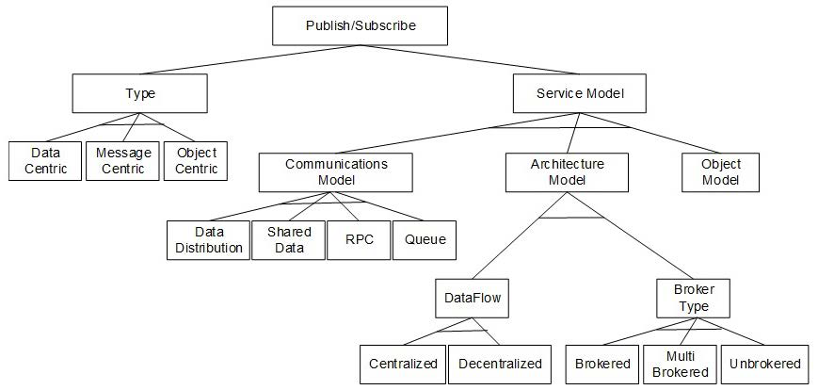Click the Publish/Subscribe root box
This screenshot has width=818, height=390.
361,26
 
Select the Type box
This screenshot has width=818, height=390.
140,94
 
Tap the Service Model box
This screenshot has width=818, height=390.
580,94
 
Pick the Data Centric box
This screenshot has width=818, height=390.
43,161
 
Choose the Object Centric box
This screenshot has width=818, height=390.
196,161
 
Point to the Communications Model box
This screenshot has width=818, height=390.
336,172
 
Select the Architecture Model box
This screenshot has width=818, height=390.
567,172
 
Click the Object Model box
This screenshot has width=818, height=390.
720,172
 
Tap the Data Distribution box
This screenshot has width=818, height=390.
207,240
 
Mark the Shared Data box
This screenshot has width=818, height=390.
288,240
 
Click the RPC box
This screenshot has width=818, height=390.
359,240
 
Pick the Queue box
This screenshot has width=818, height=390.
425,240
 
